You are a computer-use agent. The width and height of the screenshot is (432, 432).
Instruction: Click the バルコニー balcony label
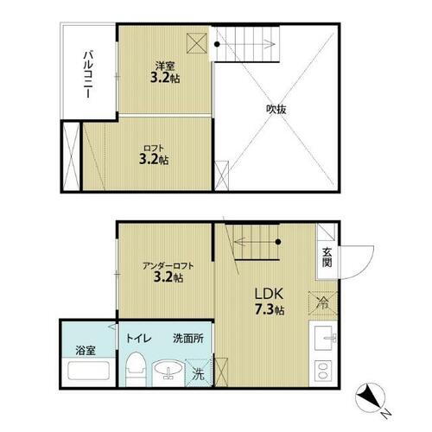click(88, 74)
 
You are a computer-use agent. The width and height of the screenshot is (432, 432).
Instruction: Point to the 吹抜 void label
click(276, 109)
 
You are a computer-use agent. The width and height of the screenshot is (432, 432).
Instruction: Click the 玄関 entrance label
click(328, 257)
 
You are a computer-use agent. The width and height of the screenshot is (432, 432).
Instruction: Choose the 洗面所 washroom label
click(187, 340)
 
